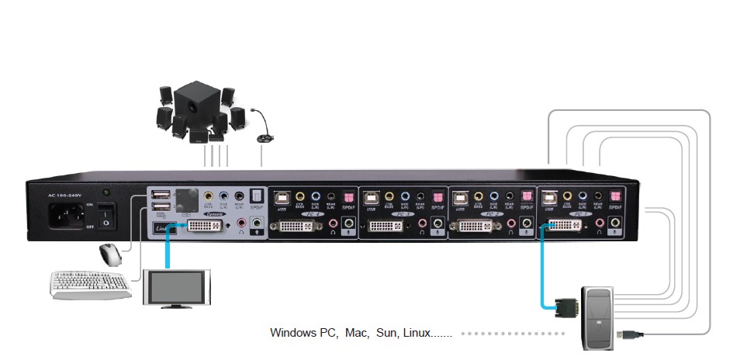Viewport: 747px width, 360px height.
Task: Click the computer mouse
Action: click(110, 254)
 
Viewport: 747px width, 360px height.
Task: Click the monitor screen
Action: click(178, 287)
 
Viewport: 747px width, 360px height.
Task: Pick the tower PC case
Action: click(597, 315)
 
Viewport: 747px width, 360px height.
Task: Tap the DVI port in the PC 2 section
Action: click(476, 227)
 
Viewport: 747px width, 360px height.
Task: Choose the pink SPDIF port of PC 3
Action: click(438, 196)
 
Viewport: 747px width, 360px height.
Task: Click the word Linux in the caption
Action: click(415, 333)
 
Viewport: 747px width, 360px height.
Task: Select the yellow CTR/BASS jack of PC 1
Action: click(568, 197)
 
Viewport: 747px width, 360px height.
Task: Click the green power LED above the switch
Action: click(106, 191)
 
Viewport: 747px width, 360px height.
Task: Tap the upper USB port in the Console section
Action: click(158, 195)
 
